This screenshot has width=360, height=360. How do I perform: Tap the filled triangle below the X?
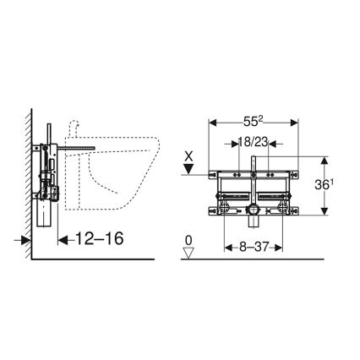(x=190, y=169)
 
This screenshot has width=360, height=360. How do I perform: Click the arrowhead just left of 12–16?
(x=61, y=240)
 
